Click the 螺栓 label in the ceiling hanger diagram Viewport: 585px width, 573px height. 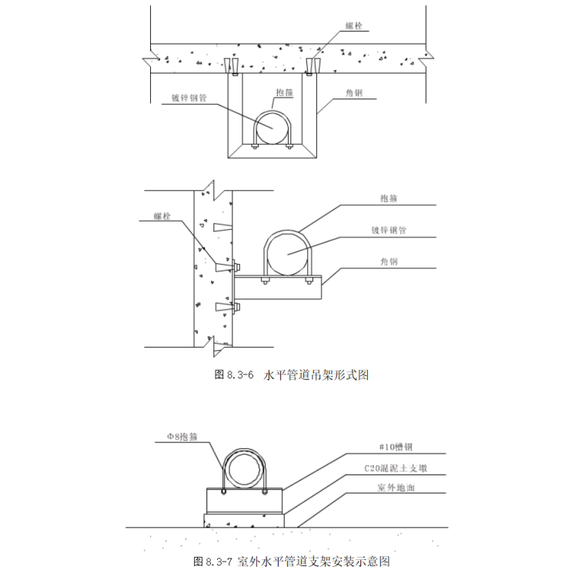(x=353, y=25)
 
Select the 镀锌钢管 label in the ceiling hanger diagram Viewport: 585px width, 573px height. (x=189, y=98)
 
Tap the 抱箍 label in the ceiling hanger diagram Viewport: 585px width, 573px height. (x=285, y=92)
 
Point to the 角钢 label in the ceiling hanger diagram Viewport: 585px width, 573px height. (x=353, y=93)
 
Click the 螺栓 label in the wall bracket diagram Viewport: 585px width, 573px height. (x=162, y=216)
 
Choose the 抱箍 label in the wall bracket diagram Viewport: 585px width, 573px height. (x=389, y=198)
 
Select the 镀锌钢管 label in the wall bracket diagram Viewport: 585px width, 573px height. (x=389, y=230)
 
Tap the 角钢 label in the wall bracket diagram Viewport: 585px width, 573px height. (x=389, y=262)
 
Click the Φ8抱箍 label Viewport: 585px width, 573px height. (x=182, y=437)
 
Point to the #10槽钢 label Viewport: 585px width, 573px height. (x=396, y=447)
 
